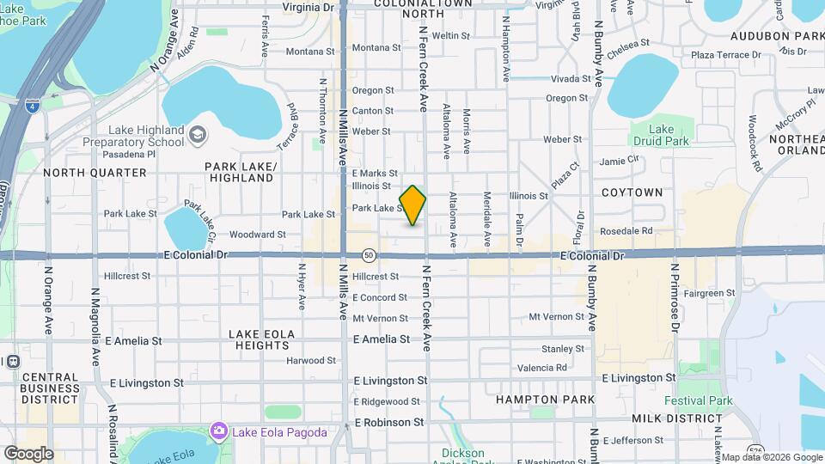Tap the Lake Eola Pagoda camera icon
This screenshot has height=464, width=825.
point(219,430)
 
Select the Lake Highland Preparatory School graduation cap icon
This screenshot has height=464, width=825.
point(199,134)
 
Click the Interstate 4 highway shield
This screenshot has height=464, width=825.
point(32,106)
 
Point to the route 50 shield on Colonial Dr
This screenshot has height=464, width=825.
point(368,255)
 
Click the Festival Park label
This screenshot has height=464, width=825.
point(698,400)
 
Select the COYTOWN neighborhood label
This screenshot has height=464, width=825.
point(632,192)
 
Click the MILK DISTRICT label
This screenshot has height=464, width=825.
point(673,418)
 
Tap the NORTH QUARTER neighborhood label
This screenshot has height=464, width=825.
point(95,173)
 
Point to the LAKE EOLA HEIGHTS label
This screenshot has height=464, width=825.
point(262,339)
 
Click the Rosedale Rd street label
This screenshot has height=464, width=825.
point(626,231)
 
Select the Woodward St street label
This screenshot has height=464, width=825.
point(258,235)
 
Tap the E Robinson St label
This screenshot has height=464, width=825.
point(389,423)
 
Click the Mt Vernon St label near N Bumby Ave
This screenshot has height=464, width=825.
point(558,317)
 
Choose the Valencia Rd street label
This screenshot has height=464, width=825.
point(542,368)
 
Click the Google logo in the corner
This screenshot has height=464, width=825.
point(28,454)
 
